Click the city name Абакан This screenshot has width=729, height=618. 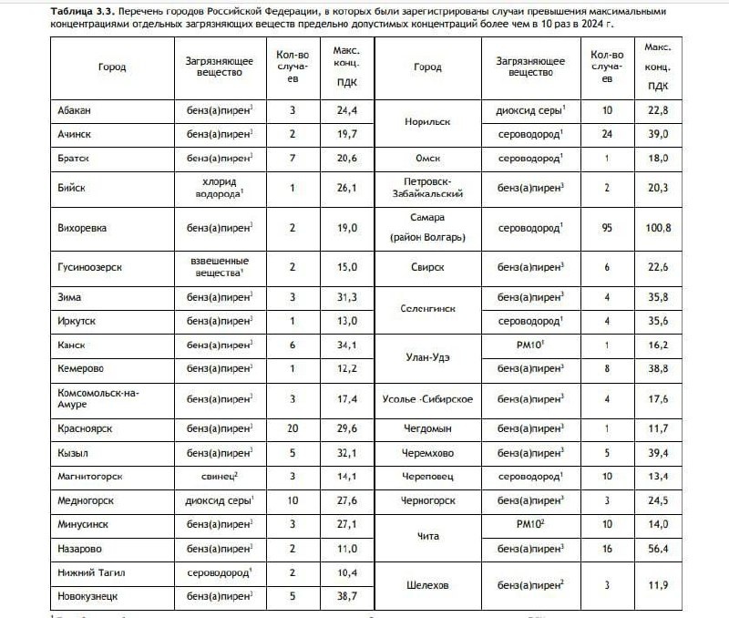tap(74, 110)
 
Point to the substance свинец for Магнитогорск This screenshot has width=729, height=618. tap(220, 476)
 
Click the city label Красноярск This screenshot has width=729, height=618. tap(85, 428)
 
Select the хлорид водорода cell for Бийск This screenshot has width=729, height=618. tap(220, 188)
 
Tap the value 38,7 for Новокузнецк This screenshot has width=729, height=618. tap(346, 595)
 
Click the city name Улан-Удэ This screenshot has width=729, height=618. tap(426, 357)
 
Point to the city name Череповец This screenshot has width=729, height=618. tap(427, 476)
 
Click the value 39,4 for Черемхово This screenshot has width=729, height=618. tap(658, 452)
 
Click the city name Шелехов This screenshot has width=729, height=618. tap(426, 584)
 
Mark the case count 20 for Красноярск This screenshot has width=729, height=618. tap(293, 428)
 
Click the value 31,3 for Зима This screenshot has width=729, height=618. tap(346, 298)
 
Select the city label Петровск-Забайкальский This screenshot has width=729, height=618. tap(427, 188)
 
